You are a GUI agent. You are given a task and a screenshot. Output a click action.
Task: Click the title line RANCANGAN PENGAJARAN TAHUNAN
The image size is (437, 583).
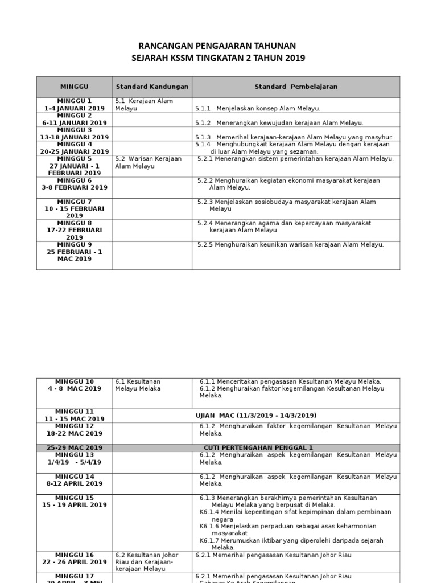[218, 46]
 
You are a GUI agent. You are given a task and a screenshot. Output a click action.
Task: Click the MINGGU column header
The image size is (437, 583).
[75, 87]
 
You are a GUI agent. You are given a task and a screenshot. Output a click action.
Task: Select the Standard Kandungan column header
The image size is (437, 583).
[152, 87]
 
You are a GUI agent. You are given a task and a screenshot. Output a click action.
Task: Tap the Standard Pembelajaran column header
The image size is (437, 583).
[296, 87]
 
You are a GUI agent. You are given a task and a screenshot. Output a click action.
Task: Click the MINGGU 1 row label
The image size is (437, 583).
[75, 101]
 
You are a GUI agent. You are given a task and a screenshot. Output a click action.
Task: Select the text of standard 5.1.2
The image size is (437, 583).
[279, 122]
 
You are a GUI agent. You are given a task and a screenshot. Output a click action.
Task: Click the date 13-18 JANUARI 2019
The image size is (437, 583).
[75, 137]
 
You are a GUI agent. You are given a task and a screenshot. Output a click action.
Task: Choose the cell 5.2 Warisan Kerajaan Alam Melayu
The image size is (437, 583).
[148, 162]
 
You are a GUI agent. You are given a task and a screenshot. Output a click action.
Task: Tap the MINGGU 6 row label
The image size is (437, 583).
[75, 180]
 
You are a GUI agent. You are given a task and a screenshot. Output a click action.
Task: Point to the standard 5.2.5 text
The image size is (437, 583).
[290, 244]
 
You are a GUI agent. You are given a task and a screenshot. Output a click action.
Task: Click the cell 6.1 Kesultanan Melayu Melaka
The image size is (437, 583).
[138, 385]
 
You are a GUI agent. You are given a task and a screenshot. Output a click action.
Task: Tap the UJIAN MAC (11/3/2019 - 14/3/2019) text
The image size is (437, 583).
[256, 415]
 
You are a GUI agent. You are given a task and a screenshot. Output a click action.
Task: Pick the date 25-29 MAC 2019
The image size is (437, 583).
[75, 447]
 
